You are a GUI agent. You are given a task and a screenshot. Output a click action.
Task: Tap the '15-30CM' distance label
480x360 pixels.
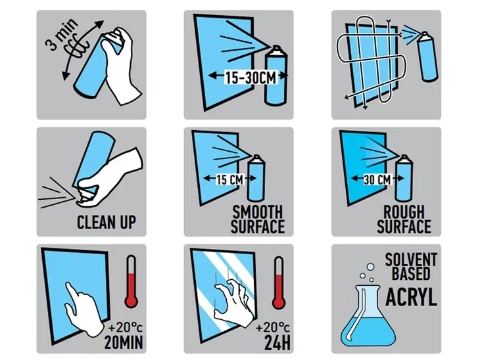click(x=251, y=77)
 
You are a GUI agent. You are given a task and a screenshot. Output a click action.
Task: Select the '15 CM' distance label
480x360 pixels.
click(x=230, y=179)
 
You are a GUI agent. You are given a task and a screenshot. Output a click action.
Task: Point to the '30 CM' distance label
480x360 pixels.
click(x=377, y=179)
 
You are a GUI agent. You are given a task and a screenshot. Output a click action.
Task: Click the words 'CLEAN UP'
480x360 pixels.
click(x=107, y=222)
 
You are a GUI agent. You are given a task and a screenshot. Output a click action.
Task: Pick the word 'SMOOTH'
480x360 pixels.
click(x=258, y=212)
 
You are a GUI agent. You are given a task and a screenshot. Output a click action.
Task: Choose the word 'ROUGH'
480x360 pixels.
click(x=404, y=212)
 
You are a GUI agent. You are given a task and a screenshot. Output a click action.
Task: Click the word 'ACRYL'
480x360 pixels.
click(x=411, y=297)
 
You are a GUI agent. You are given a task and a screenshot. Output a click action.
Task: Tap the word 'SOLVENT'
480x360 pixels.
click(x=411, y=259)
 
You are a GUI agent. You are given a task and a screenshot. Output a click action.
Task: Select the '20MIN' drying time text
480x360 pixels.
click(x=124, y=342)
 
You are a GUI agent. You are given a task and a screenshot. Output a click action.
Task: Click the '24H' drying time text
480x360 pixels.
click(x=277, y=342)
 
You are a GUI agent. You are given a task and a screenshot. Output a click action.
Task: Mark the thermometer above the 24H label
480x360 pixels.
click(x=279, y=282)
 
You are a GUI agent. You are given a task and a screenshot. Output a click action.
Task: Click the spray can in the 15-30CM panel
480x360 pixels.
click(x=276, y=76)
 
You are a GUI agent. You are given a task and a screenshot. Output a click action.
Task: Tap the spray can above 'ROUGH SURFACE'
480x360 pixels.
click(x=404, y=178)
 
